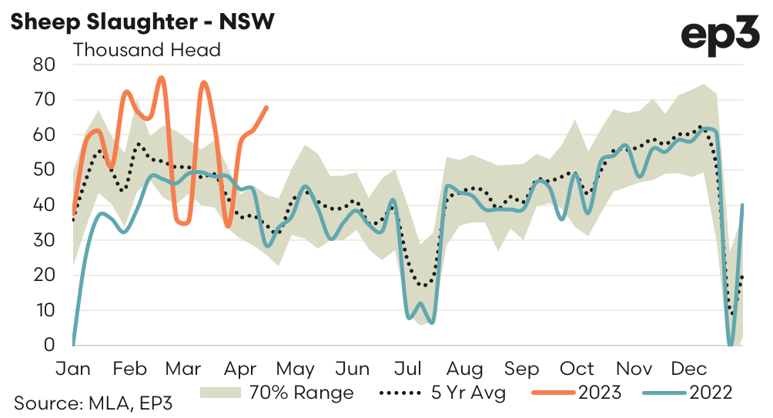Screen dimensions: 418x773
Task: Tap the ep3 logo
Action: click(721, 36)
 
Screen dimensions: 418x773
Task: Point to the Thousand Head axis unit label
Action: click(146, 51)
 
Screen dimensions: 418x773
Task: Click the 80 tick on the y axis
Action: click(45, 65)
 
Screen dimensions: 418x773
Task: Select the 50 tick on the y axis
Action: click(45, 170)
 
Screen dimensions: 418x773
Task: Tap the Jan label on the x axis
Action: click(74, 369)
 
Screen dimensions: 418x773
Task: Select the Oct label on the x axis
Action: click(577, 369)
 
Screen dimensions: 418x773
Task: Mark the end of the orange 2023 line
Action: click(266, 107)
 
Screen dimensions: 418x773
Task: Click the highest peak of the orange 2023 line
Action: click(161, 78)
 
